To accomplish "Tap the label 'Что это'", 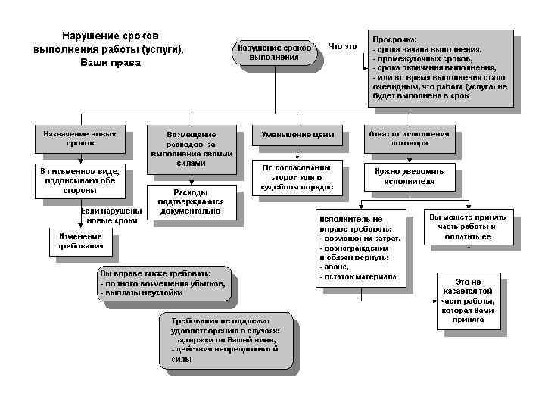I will click(x=343, y=47).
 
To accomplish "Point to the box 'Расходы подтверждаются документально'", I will click(x=191, y=201).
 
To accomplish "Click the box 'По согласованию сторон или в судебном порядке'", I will click(x=297, y=176).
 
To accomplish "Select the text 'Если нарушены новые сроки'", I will click(x=110, y=215).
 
